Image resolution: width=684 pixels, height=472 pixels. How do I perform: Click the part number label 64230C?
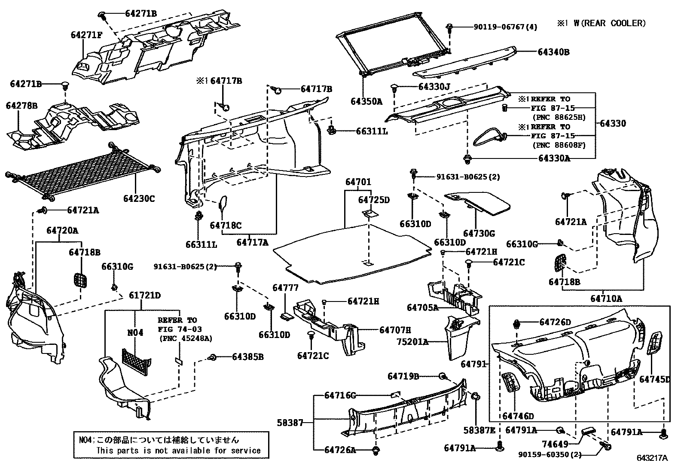(138, 198)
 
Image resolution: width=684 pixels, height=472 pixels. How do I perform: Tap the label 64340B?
(553, 52)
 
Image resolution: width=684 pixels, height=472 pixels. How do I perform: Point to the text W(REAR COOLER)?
(609, 23)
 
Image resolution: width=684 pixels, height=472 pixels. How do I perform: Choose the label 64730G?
(479, 233)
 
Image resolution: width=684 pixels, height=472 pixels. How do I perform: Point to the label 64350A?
(366, 101)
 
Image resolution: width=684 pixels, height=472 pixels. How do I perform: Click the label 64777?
(285, 288)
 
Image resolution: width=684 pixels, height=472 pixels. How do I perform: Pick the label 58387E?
(479, 430)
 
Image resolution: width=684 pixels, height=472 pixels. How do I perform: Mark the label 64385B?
(247, 356)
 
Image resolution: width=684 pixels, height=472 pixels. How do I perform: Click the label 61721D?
(145, 295)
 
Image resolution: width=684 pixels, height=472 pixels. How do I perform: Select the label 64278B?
(22, 105)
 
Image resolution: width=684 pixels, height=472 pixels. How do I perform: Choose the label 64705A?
(422, 308)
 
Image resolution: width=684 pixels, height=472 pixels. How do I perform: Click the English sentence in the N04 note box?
(178, 451)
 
